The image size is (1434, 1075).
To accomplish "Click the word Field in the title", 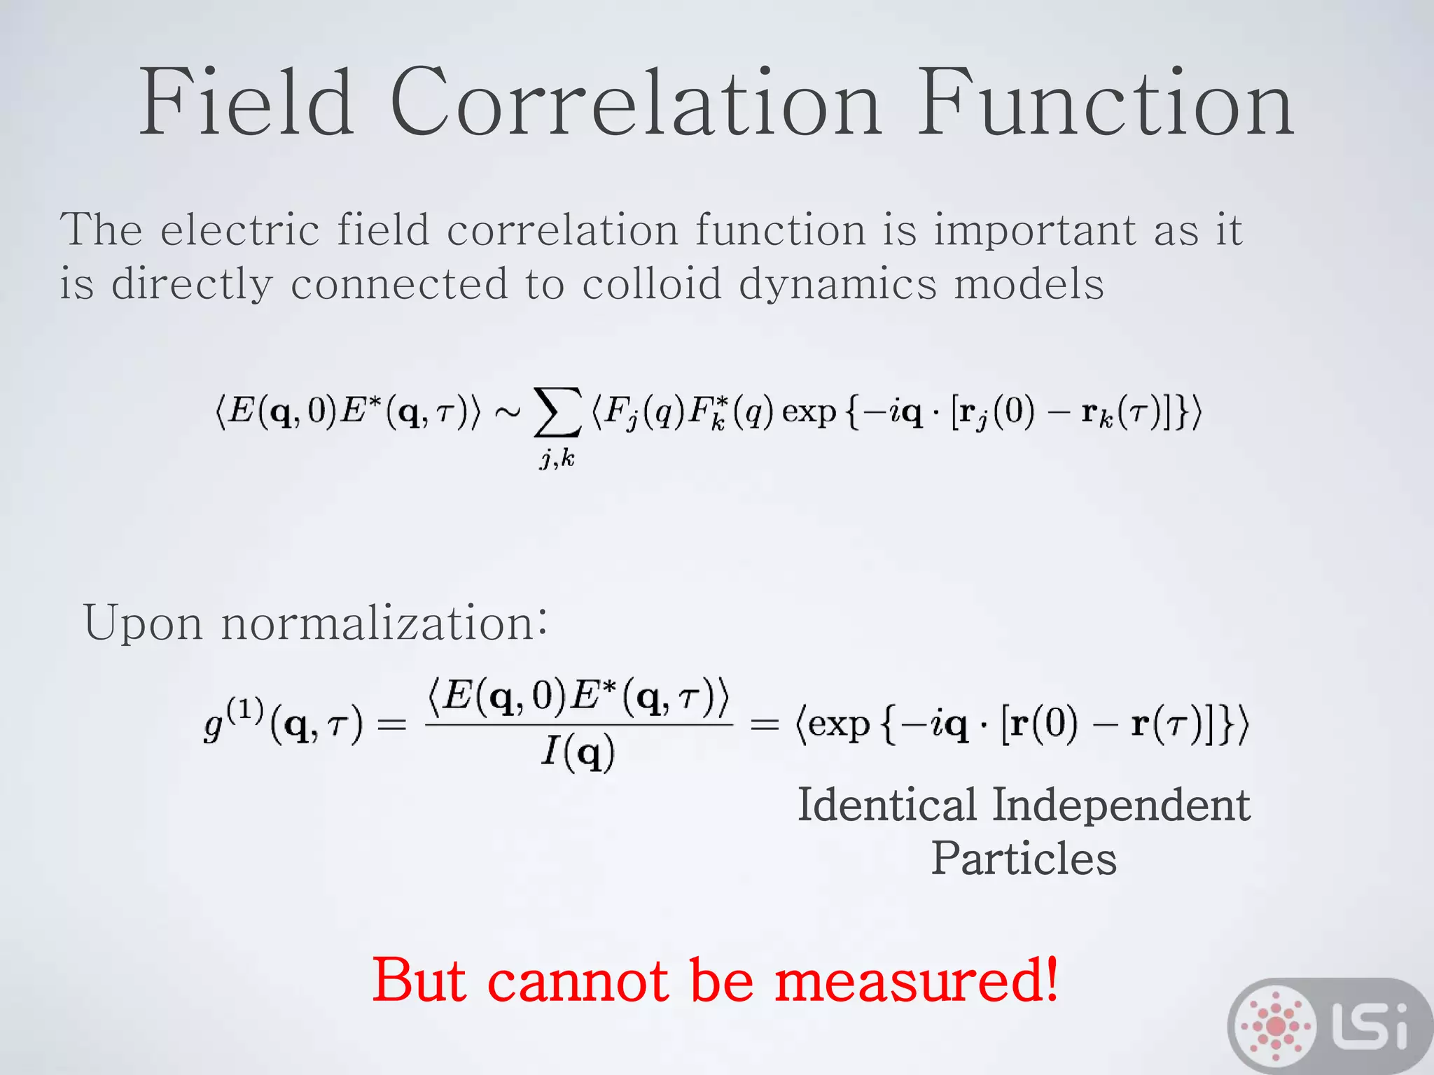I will (246, 103).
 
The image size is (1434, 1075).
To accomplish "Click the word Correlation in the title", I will (634, 103).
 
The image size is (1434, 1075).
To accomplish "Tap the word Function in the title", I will (1105, 103).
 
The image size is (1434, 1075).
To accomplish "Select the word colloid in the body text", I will (651, 284).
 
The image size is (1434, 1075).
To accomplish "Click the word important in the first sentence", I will (1035, 230).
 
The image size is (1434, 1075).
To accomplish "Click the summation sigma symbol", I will (557, 412).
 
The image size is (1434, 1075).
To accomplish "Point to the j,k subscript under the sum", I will (557, 458).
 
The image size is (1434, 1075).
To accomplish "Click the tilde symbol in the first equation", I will (507, 412).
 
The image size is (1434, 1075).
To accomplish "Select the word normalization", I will (384, 622).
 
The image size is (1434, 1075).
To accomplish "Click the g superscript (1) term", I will (233, 721).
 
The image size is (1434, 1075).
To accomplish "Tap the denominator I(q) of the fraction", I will (578, 753).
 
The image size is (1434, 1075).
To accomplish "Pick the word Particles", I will (1023, 859).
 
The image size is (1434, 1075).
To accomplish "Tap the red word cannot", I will (578, 981).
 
